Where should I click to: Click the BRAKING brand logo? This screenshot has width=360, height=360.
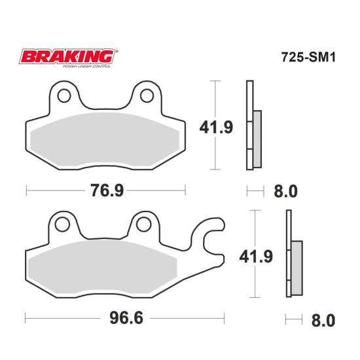tap(69, 57)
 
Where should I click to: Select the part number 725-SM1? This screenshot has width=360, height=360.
tap(308, 57)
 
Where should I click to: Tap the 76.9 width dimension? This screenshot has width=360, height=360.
tap(107, 190)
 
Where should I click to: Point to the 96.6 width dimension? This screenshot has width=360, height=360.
tap(126, 318)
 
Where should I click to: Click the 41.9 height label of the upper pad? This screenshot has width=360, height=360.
tap(216, 128)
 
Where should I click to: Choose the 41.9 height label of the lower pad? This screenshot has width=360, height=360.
tap(256, 257)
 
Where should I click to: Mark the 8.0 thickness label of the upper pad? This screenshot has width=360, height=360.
tap(285, 192)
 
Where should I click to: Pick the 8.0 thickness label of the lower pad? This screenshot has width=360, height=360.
tap(323, 321)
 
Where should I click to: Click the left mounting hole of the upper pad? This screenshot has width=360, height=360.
tap(64, 96)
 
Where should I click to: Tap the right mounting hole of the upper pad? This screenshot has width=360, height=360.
tap(147, 96)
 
